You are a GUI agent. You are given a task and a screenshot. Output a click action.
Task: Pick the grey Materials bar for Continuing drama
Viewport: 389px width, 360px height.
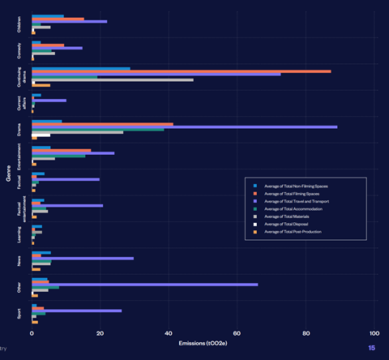click(113, 80)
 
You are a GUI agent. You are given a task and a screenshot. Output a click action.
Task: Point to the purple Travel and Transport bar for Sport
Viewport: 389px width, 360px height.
click(76, 311)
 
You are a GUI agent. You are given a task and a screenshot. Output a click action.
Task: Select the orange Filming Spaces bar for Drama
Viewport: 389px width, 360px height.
click(102, 124)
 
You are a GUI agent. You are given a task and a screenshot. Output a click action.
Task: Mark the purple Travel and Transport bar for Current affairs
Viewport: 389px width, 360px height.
click(49, 101)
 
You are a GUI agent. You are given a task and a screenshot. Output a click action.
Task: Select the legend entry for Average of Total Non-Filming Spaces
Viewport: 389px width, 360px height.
click(296, 186)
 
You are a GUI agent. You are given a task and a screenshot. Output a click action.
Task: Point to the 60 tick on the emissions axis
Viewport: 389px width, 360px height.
click(237, 333)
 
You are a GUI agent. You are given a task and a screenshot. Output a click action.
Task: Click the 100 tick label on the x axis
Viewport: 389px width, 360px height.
click(374, 333)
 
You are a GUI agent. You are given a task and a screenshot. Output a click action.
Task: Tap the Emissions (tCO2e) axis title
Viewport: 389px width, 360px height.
click(203, 343)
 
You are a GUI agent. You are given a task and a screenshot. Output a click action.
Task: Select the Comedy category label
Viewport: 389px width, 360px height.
click(19, 49)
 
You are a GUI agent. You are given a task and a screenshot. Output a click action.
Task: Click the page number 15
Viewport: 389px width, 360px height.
click(371, 348)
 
